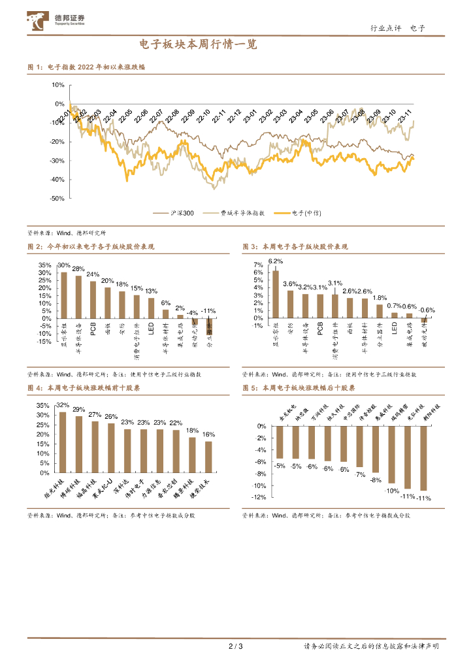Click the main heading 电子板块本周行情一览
point(199,45)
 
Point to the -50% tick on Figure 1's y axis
point(57,198)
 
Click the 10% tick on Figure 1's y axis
point(57,85)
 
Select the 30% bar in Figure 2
point(64,295)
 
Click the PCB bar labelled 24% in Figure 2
point(93,299)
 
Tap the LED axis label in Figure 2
point(151,329)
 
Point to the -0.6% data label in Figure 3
point(427,310)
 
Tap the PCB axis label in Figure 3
point(320,329)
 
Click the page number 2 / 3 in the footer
point(236,647)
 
